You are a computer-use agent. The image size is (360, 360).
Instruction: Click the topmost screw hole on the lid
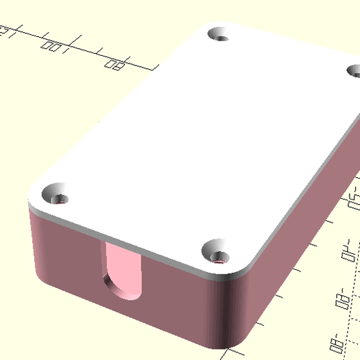coord(221,33)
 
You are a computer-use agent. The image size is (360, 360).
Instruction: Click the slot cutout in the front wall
coord(123,272)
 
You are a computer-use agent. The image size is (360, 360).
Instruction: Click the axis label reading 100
coord(54,47)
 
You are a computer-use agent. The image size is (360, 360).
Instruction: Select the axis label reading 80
coord(114,65)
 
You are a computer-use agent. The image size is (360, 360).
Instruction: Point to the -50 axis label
coord(350,204)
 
